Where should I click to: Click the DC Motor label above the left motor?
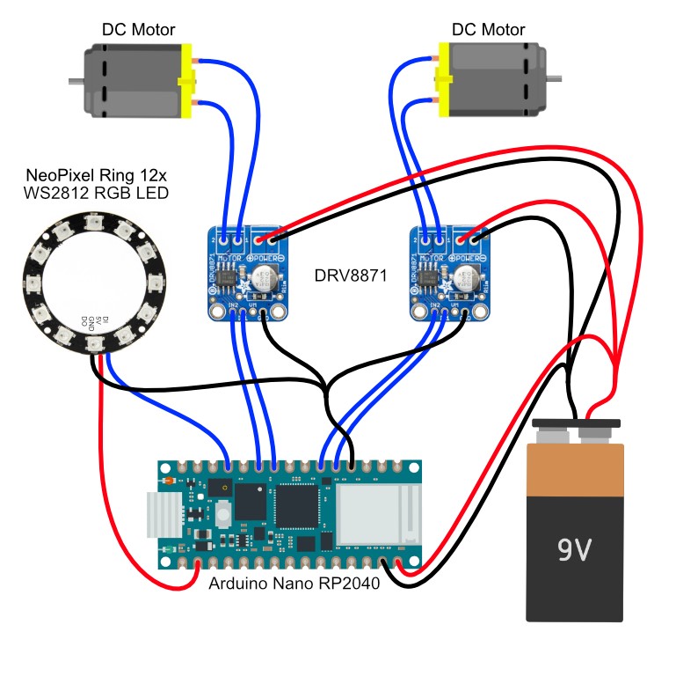click(x=138, y=29)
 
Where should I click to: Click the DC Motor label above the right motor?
click(x=488, y=29)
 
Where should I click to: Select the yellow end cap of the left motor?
click(x=185, y=83)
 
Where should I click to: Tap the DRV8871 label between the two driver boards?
click(x=349, y=276)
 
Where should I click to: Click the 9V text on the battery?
click(x=575, y=550)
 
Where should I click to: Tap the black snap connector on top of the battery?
click(x=575, y=432)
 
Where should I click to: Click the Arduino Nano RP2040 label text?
click(x=294, y=584)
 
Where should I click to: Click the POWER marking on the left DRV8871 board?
click(x=268, y=256)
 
